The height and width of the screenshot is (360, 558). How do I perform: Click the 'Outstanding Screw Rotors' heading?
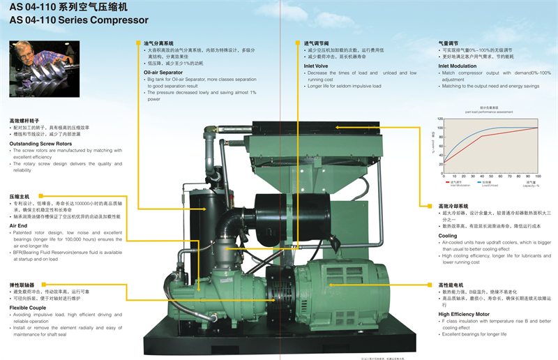pos(40,144)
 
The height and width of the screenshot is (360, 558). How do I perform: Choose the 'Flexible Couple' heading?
pos(28,308)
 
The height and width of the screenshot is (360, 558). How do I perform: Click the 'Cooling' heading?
pos(448,236)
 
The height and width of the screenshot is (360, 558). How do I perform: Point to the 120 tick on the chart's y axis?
pos(440,119)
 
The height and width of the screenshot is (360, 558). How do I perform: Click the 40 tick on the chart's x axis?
pos(482,176)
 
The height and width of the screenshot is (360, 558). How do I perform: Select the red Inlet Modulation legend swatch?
pos(447,182)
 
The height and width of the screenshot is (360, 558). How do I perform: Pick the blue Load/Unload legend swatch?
pos(476,182)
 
